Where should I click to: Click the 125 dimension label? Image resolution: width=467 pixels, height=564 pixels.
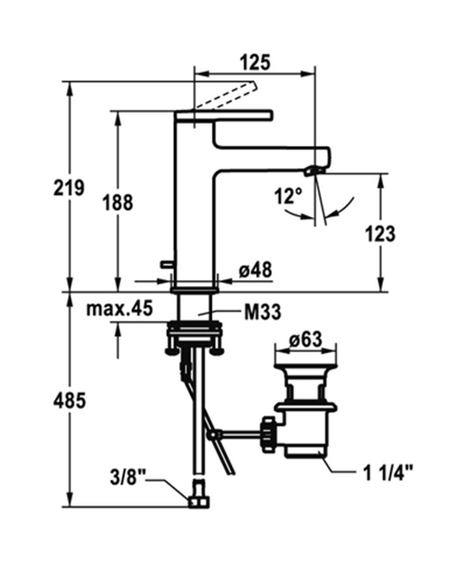pyautogui.click(x=255, y=63)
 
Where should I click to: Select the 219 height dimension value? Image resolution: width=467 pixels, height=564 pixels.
pyautogui.click(x=69, y=188)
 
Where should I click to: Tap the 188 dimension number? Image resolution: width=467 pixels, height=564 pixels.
pyautogui.click(x=118, y=203)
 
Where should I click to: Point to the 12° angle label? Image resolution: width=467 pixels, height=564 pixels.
pyautogui.click(x=288, y=197)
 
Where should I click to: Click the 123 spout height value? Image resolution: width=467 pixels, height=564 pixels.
pyautogui.click(x=380, y=233)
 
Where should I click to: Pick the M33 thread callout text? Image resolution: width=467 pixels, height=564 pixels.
pyautogui.click(x=262, y=312)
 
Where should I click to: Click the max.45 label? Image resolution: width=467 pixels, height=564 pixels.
pyautogui.click(x=120, y=309)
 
